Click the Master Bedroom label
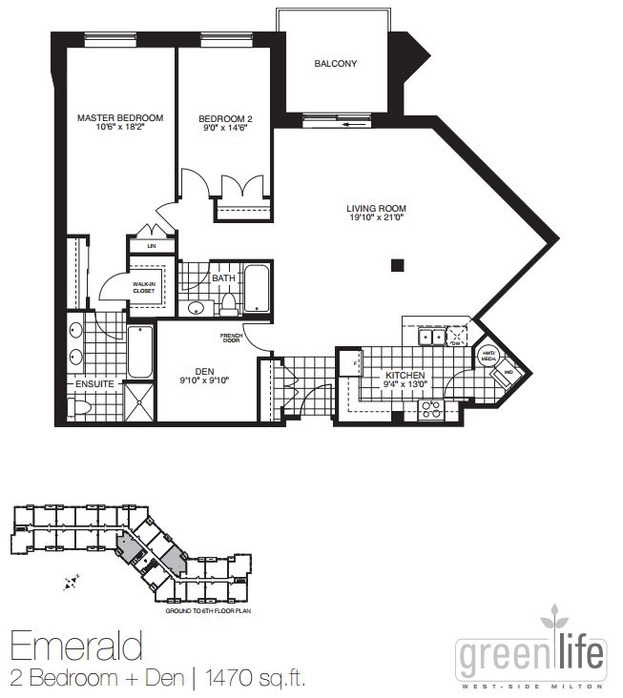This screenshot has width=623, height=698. [x=119, y=118]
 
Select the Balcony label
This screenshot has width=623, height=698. [x=335, y=65]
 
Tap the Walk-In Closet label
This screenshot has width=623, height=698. [x=143, y=287]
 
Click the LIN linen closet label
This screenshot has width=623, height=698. [x=151, y=246]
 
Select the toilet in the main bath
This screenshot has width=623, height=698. [x=227, y=304]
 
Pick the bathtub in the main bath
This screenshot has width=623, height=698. [x=257, y=290]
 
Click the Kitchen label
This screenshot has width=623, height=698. [x=405, y=377]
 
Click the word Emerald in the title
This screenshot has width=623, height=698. [x=76, y=646]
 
